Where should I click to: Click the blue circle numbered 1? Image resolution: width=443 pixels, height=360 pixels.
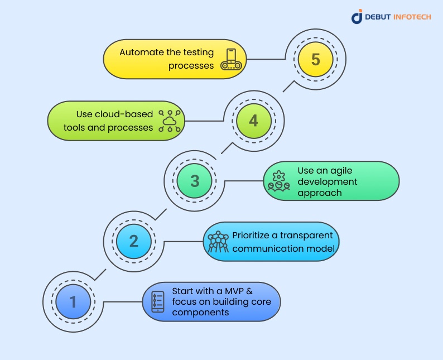(x=73, y=301)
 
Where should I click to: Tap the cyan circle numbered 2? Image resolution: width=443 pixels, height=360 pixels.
(x=134, y=241)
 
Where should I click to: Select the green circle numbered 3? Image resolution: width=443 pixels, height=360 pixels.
(x=194, y=181)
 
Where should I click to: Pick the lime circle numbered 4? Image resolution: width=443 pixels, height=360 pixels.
(x=254, y=121)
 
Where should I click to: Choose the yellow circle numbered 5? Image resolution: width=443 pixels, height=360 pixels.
(x=316, y=59)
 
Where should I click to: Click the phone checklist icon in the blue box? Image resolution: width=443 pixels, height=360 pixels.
(x=158, y=302)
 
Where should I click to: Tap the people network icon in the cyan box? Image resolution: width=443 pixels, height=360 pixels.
(x=218, y=242)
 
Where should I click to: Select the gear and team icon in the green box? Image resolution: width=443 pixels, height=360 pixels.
(x=279, y=181)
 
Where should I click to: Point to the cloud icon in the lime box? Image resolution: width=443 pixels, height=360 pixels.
(x=170, y=121)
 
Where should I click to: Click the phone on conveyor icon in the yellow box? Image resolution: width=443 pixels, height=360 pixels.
(x=231, y=59)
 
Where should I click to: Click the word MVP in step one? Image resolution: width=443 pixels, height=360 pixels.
(x=234, y=291)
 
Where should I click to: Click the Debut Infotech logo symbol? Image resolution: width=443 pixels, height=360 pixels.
(x=357, y=16)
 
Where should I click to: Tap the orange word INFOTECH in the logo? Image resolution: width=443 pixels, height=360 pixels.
(x=412, y=17)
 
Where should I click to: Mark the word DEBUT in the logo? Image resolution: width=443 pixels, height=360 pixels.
(x=378, y=17)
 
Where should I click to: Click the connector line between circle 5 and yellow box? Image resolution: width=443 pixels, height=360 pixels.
(x=266, y=59)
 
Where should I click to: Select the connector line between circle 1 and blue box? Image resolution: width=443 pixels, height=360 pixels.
(x=123, y=302)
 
